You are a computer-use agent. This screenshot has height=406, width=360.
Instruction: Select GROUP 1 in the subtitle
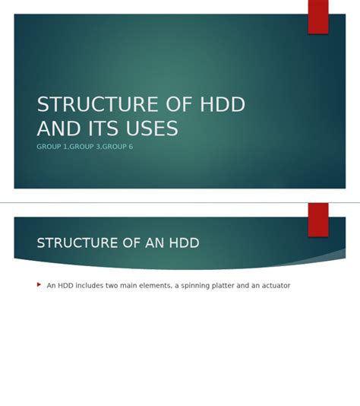click(x=52, y=146)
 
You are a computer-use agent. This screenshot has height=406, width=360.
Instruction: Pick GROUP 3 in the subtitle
click(x=85, y=146)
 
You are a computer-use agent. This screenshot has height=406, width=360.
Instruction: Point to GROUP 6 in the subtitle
click(x=117, y=146)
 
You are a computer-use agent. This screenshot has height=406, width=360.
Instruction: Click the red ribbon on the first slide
click(x=318, y=16)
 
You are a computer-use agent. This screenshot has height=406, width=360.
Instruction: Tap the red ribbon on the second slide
click(x=318, y=219)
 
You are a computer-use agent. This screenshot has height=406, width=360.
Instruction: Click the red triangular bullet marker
click(x=39, y=285)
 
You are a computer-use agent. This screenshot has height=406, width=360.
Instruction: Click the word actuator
click(x=274, y=286)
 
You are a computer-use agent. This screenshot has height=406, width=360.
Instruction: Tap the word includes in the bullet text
click(x=90, y=286)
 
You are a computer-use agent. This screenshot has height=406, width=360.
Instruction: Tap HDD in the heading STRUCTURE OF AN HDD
click(x=185, y=243)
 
